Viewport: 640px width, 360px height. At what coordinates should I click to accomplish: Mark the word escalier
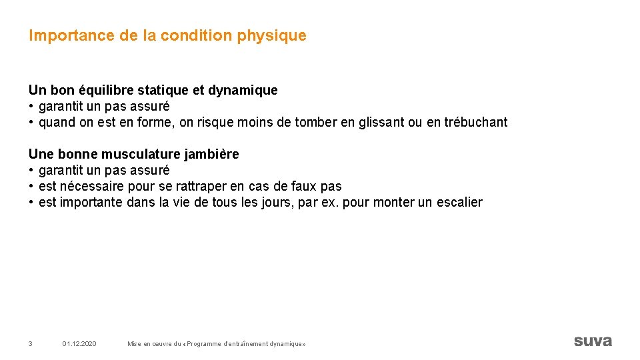tap(459, 203)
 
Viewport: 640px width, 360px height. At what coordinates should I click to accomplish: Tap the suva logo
tap(593, 341)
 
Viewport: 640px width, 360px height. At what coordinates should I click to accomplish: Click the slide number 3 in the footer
tap(31, 343)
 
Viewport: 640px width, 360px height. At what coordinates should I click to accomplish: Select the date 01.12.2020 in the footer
tap(79, 343)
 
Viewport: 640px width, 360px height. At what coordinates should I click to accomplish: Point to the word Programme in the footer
tap(209, 343)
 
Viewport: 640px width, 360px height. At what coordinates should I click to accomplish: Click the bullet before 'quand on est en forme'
tap(31, 123)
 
